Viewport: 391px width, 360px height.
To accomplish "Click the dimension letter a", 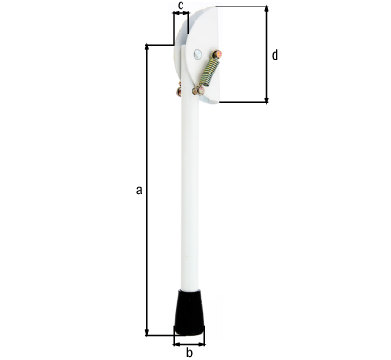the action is tap(139, 190).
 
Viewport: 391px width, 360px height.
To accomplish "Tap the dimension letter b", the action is tap(189, 353).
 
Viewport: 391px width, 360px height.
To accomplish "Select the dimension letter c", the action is tap(182, 6).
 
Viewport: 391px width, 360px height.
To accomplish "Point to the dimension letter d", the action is tap(275, 55).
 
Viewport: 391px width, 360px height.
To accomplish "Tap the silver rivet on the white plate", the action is tap(197, 54).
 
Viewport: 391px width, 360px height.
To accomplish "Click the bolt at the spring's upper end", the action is tap(217, 54).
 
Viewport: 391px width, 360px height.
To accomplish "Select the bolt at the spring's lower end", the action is tap(198, 90).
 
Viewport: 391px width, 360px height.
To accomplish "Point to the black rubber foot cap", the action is tap(189, 313).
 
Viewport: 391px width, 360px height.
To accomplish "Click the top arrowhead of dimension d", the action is tap(267, 9).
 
